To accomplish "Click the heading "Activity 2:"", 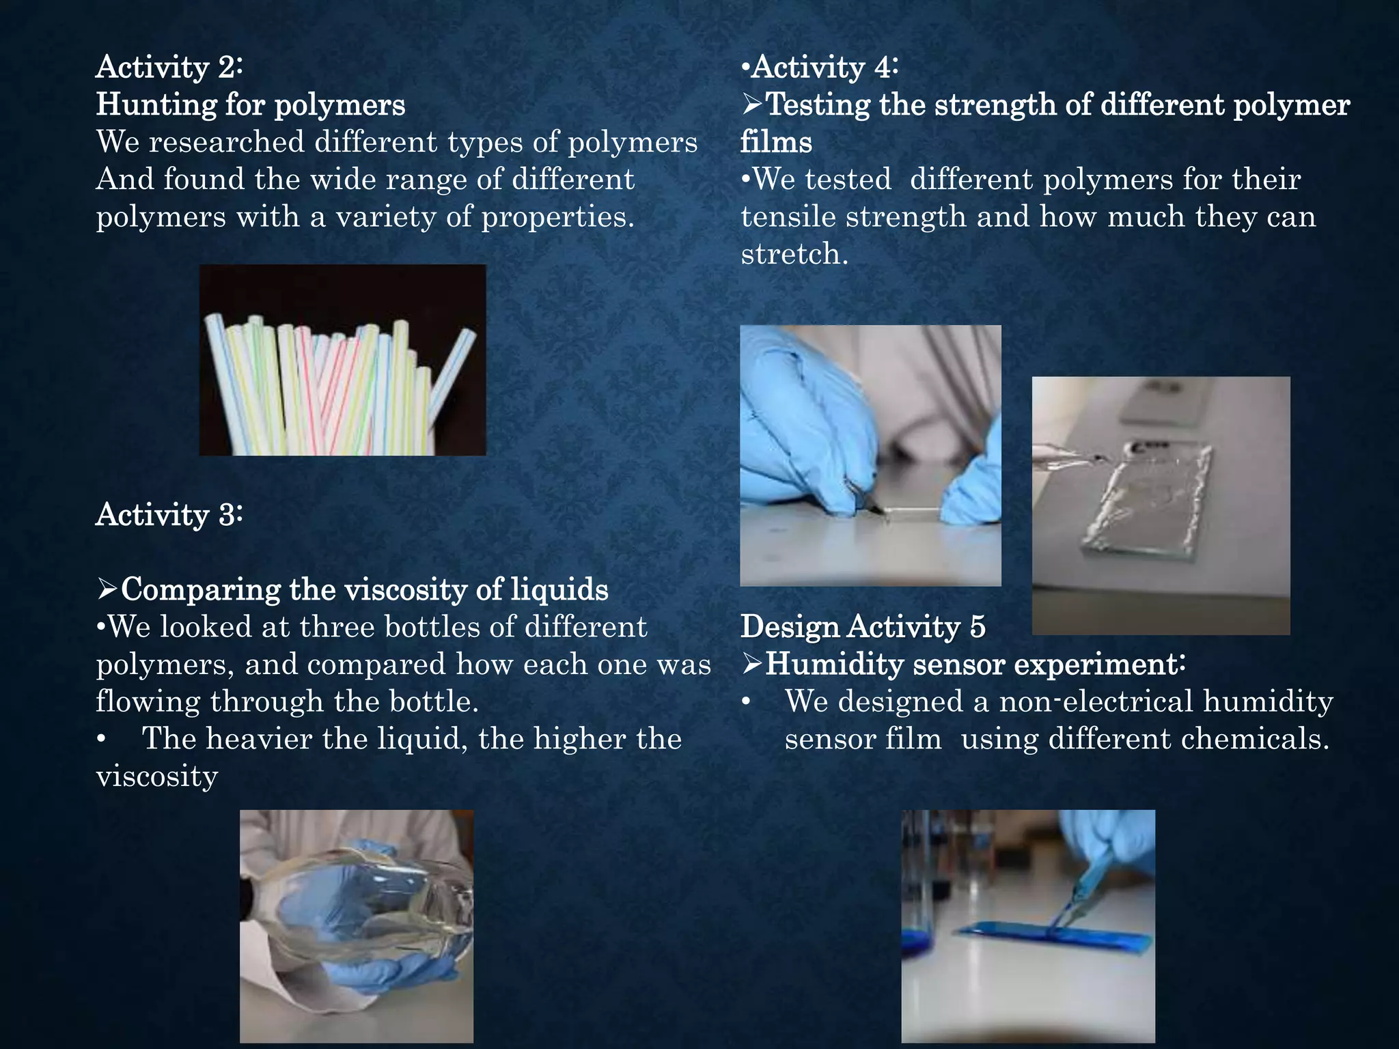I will [x=169, y=67].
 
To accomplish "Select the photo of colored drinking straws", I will [x=342, y=360].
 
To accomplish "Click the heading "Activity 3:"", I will [x=169, y=514].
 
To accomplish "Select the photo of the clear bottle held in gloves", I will [x=357, y=925].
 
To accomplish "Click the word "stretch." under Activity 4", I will [x=794, y=254].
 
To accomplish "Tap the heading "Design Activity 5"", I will [x=863, y=627].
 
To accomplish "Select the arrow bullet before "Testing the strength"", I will [x=752, y=104].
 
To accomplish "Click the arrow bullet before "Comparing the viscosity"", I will [x=107, y=589].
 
